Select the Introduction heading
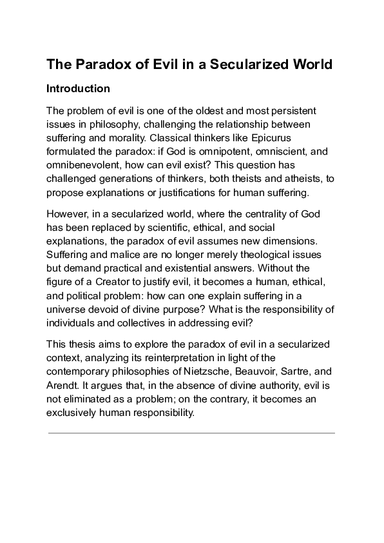click(x=79, y=88)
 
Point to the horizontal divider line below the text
click(x=191, y=433)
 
